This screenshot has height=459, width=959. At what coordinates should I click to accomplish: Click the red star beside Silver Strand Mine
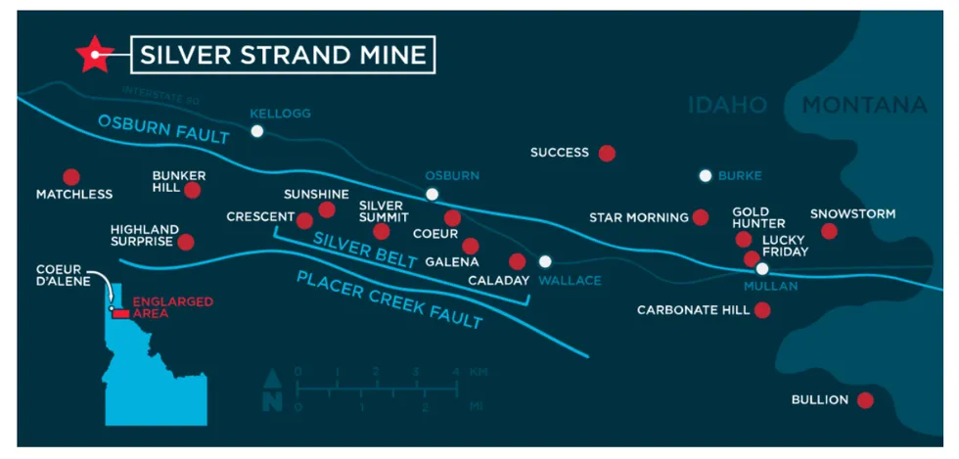click(x=95, y=55)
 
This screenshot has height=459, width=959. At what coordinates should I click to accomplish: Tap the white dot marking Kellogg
click(x=256, y=131)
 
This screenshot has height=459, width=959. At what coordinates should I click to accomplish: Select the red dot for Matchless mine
click(x=70, y=177)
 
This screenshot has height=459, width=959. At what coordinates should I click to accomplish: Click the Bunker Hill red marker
click(x=193, y=190)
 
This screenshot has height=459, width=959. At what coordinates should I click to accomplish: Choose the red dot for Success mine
click(x=607, y=153)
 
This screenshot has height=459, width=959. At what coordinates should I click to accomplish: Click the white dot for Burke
click(x=705, y=176)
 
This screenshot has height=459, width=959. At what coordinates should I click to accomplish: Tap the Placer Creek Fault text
click(x=389, y=298)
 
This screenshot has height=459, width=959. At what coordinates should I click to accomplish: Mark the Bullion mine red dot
click(x=865, y=400)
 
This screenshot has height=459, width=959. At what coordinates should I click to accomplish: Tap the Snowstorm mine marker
click(x=829, y=231)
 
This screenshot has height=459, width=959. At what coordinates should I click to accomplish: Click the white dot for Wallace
click(x=545, y=261)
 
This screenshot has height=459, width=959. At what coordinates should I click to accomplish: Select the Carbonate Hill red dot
click(x=762, y=310)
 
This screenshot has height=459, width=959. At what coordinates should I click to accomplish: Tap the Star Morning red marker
click(x=701, y=217)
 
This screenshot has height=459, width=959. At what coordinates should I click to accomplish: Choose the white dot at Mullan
click(x=762, y=268)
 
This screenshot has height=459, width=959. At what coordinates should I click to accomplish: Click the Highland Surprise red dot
click(x=186, y=242)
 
